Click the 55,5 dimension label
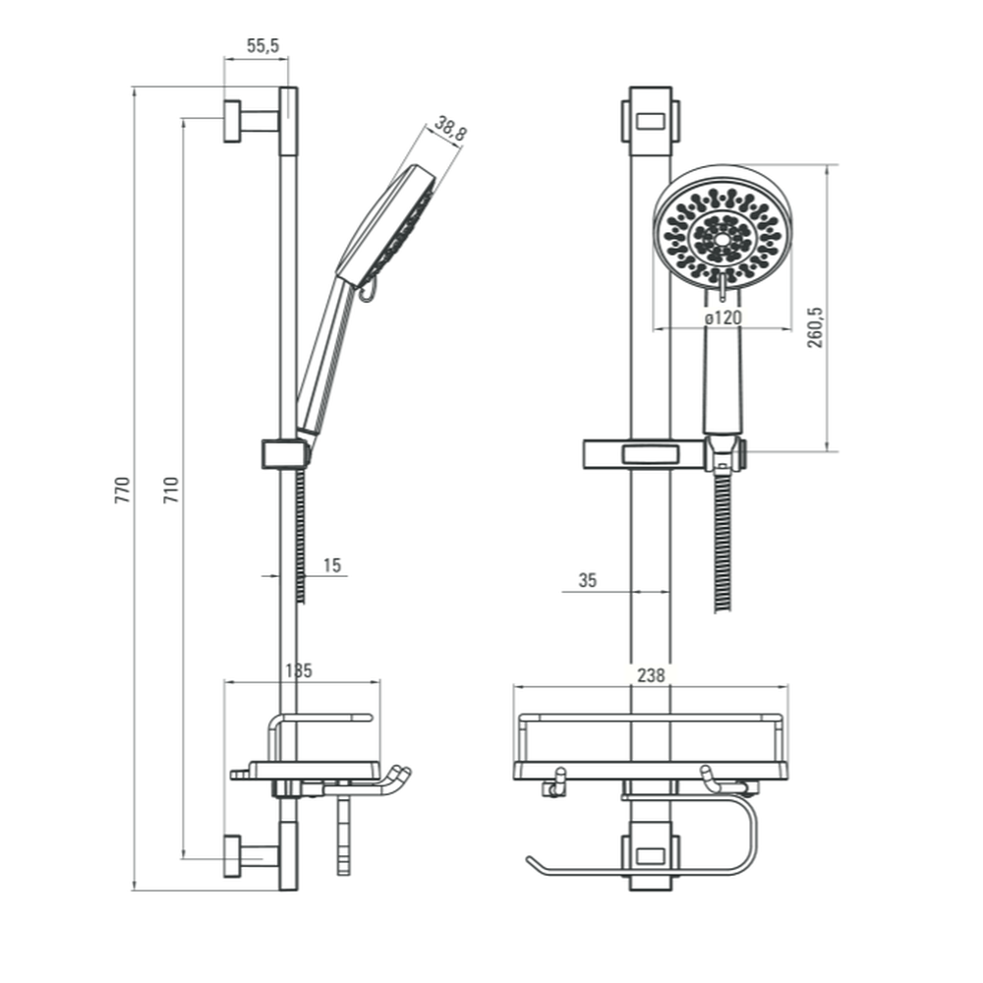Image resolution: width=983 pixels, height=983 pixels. (262, 46)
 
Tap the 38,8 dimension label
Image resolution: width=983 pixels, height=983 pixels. (450, 129)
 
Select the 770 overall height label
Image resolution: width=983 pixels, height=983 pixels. (122, 490)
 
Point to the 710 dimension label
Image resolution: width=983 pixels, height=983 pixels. (171, 490)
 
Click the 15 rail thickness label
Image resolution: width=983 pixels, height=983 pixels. (331, 565)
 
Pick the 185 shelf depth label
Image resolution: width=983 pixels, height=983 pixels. (299, 670)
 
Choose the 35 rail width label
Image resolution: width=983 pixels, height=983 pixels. (588, 581)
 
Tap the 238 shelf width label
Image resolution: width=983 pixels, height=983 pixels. (651, 675)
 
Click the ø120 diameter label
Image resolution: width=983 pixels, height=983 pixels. (723, 318)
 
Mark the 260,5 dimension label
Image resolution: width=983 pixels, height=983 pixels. (816, 327)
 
